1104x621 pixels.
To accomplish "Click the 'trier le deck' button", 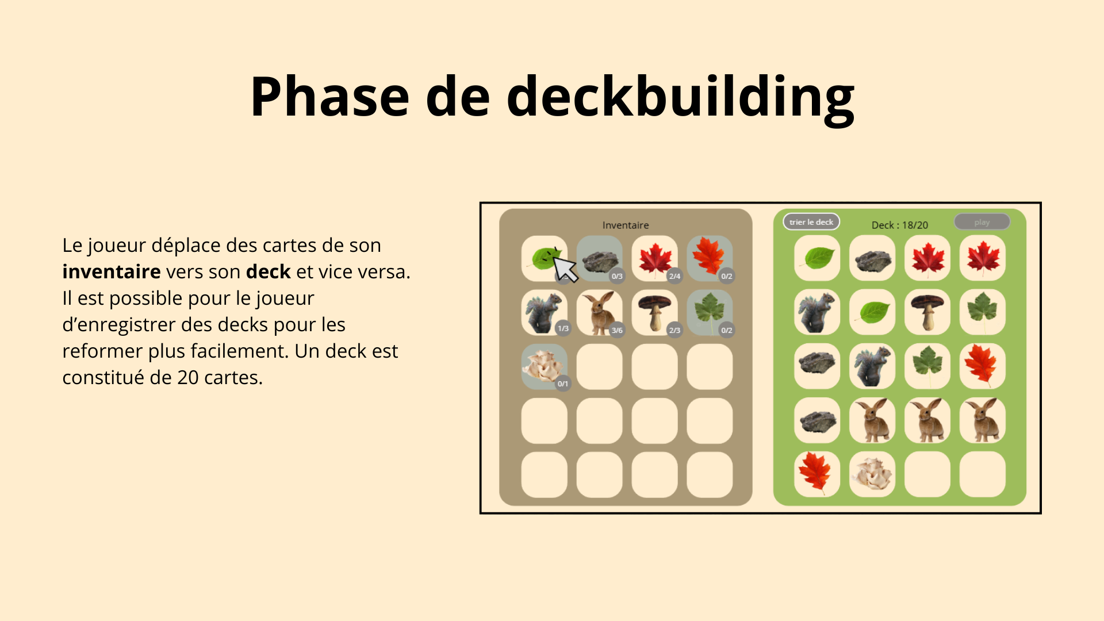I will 811,222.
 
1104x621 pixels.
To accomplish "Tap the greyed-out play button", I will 982,222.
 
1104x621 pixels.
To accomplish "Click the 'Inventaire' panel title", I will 626,225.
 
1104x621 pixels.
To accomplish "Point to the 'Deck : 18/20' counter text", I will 899,225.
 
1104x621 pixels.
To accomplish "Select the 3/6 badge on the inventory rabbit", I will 617,330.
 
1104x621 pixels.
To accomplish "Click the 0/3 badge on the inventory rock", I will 617,276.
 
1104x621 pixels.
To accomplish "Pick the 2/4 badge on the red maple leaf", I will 674,276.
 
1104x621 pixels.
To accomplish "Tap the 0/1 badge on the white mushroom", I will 563,384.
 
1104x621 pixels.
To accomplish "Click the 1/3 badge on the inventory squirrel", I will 563,328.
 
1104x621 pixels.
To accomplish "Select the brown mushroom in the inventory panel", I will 654,313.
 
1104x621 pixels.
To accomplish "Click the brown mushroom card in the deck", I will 927,312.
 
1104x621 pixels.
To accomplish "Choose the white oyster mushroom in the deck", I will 872,474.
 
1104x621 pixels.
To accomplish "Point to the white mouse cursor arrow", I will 565,269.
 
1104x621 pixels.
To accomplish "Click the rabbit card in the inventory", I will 599,313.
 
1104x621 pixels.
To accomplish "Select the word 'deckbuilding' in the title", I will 680,98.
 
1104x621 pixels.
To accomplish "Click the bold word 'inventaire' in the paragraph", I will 112,271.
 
